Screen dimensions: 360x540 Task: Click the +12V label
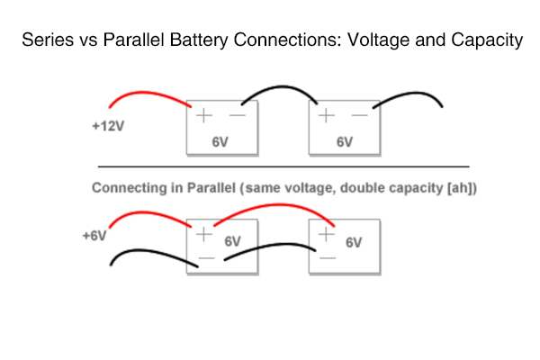108,127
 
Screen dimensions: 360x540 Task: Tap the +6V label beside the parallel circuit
94,236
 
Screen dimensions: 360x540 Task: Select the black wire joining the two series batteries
279,91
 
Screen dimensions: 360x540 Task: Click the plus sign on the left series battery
202,115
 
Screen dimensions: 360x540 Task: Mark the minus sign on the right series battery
359,115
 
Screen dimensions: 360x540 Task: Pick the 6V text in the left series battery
220,141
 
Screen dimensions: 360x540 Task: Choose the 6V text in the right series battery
344,141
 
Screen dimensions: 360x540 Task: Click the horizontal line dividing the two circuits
283,166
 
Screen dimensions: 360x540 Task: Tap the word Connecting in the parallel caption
125,188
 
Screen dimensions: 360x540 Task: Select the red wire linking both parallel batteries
274,207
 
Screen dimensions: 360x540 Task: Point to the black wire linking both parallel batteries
270,248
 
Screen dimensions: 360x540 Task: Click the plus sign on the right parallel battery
326,233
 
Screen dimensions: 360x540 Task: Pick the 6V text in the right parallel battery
353,242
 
